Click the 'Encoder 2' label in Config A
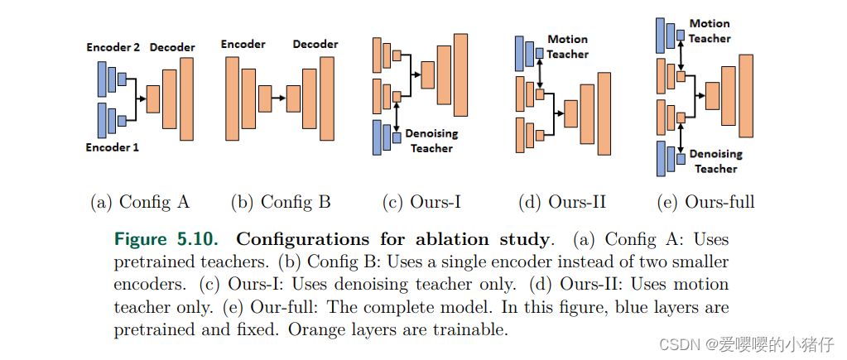coord(113,48)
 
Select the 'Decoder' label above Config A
coord(172,48)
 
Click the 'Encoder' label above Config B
coord(243,44)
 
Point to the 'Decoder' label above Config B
coord(315,44)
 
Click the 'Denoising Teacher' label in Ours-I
coord(431,141)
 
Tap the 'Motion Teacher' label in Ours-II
coord(567,46)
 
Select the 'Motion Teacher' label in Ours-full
coord(710,31)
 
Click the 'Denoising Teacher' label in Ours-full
coord(715,161)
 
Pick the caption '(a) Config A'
coord(140,202)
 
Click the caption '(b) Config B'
coord(281,202)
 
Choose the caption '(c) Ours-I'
coord(421,202)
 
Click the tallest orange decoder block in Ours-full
coord(747,95)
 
